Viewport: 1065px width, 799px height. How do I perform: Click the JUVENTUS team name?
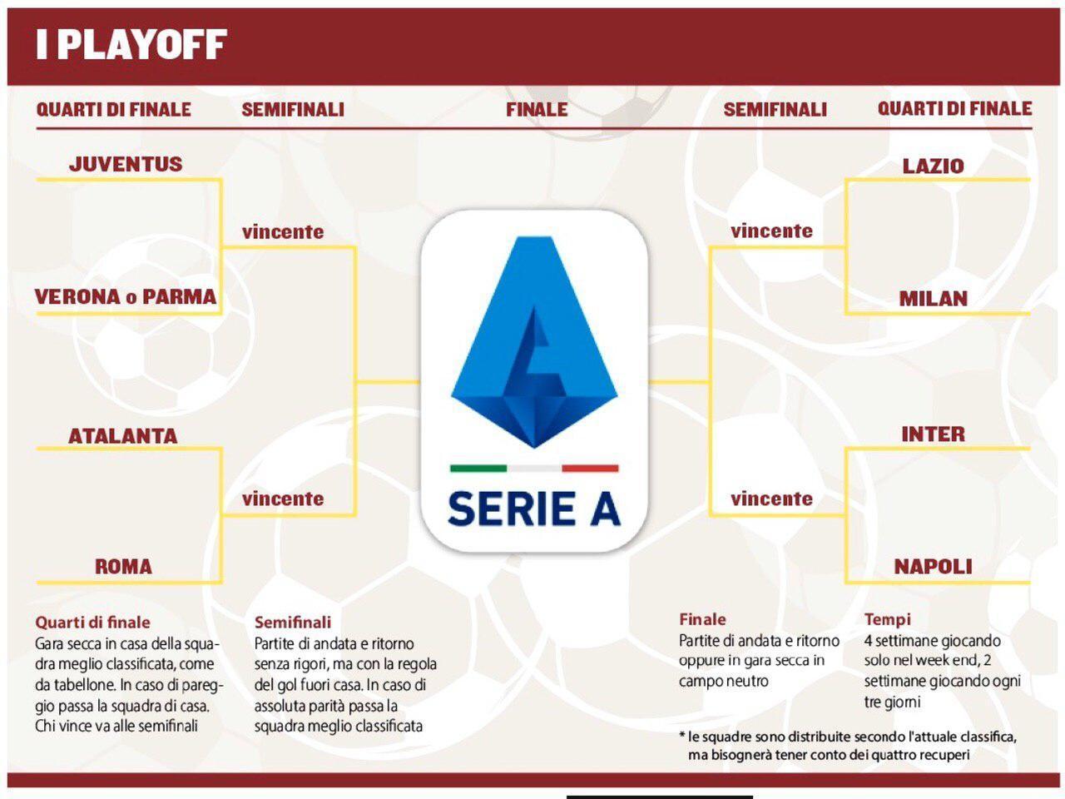126,164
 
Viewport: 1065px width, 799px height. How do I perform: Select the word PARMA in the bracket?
179,296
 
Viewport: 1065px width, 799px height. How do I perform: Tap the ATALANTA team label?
123,435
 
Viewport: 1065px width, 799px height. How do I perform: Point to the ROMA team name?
123,567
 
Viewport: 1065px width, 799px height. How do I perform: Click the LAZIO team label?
933,166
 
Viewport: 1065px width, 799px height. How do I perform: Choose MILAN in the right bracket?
933,299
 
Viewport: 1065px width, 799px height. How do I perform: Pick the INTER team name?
933,434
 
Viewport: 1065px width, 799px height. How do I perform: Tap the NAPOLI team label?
933,567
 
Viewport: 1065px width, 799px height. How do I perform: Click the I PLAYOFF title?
131,45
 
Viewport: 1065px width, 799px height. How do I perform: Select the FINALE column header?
537,109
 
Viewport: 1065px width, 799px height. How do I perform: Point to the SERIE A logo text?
534,509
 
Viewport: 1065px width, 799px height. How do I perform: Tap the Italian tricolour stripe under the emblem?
534,469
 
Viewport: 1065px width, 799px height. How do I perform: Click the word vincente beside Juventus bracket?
283,232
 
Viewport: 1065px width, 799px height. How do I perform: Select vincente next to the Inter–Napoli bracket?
771,499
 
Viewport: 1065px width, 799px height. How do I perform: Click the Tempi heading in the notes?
888,619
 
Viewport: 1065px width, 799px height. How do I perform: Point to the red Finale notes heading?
702,619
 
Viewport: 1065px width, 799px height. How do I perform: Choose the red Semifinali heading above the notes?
293,622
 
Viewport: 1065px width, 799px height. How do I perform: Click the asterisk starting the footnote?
682,736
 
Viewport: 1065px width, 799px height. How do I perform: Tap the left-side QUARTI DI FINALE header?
114,109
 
